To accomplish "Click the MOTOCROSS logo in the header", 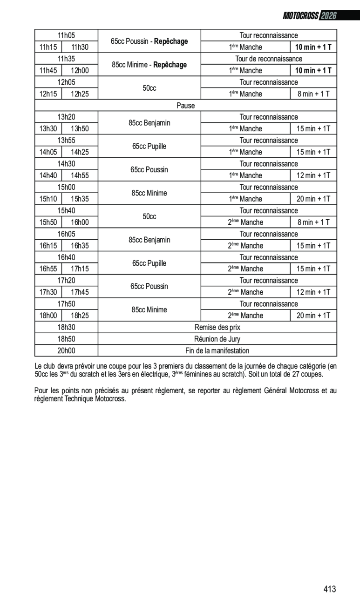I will click(301, 16).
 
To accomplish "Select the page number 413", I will click(329, 589).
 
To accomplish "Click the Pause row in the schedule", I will click(185, 106).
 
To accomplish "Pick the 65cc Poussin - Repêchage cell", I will click(149, 41).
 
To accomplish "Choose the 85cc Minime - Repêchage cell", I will click(149, 65).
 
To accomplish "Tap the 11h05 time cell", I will click(66, 35).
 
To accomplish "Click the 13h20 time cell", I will click(66, 117).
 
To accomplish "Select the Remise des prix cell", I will click(217, 327).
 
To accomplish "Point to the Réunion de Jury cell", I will click(217, 339).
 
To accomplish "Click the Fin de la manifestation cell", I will click(217, 350).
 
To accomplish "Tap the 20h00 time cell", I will click(66, 350).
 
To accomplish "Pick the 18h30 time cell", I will click(66, 327).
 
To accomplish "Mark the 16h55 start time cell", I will click(48, 269).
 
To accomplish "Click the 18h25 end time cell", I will click(80, 316).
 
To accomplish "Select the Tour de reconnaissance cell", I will click(269, 59).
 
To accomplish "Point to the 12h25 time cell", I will click(80, 94).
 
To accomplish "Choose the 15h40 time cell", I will click(66, 211).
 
